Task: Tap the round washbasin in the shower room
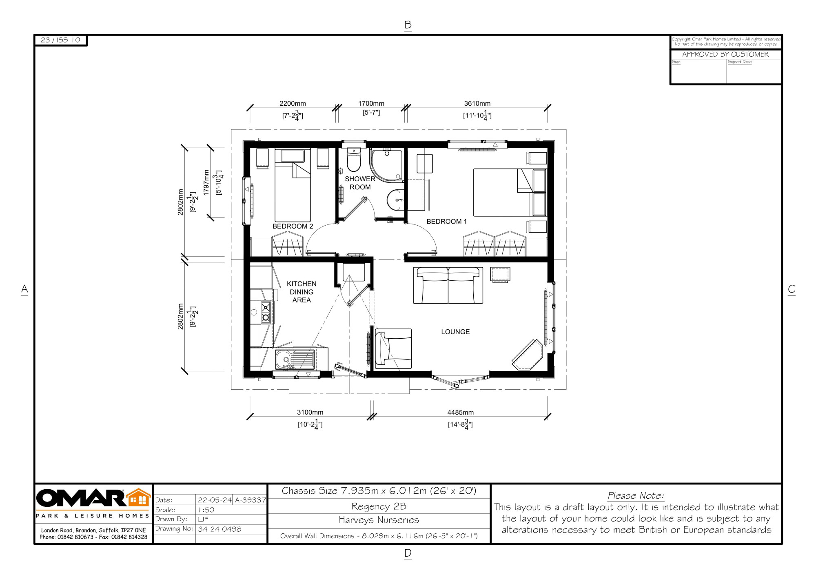395,200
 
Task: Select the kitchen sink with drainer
295,360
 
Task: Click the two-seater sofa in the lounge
448,285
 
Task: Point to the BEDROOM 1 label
446,222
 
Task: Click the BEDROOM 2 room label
293,226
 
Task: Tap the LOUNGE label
455,332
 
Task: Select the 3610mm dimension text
477,104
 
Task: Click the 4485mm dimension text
460,413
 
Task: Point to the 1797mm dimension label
206,182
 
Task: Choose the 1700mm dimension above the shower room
371,104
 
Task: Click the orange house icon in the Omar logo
139,498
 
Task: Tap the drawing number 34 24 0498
220,529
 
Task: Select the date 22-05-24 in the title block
215,500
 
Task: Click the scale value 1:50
206,510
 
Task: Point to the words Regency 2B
379,506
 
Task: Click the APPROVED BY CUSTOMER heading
725,54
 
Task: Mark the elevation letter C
792,289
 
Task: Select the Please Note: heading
636,496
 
